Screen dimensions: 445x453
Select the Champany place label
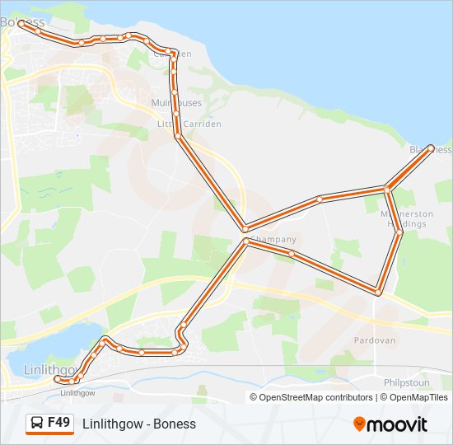[273, 240]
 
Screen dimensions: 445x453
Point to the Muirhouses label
[176, 103]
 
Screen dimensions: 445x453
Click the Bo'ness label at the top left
[22, 21]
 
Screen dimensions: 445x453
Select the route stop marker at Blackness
[431, 148]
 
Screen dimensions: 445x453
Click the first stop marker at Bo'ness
[20, 24]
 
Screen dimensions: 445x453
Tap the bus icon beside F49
[36, 424]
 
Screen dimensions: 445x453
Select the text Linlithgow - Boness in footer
[139, 424]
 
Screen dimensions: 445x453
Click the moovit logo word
[398, 424]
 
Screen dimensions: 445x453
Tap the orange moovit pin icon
[360, 424]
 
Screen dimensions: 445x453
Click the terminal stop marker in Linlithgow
[57, 380]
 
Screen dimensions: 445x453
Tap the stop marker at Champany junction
[245, 240]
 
